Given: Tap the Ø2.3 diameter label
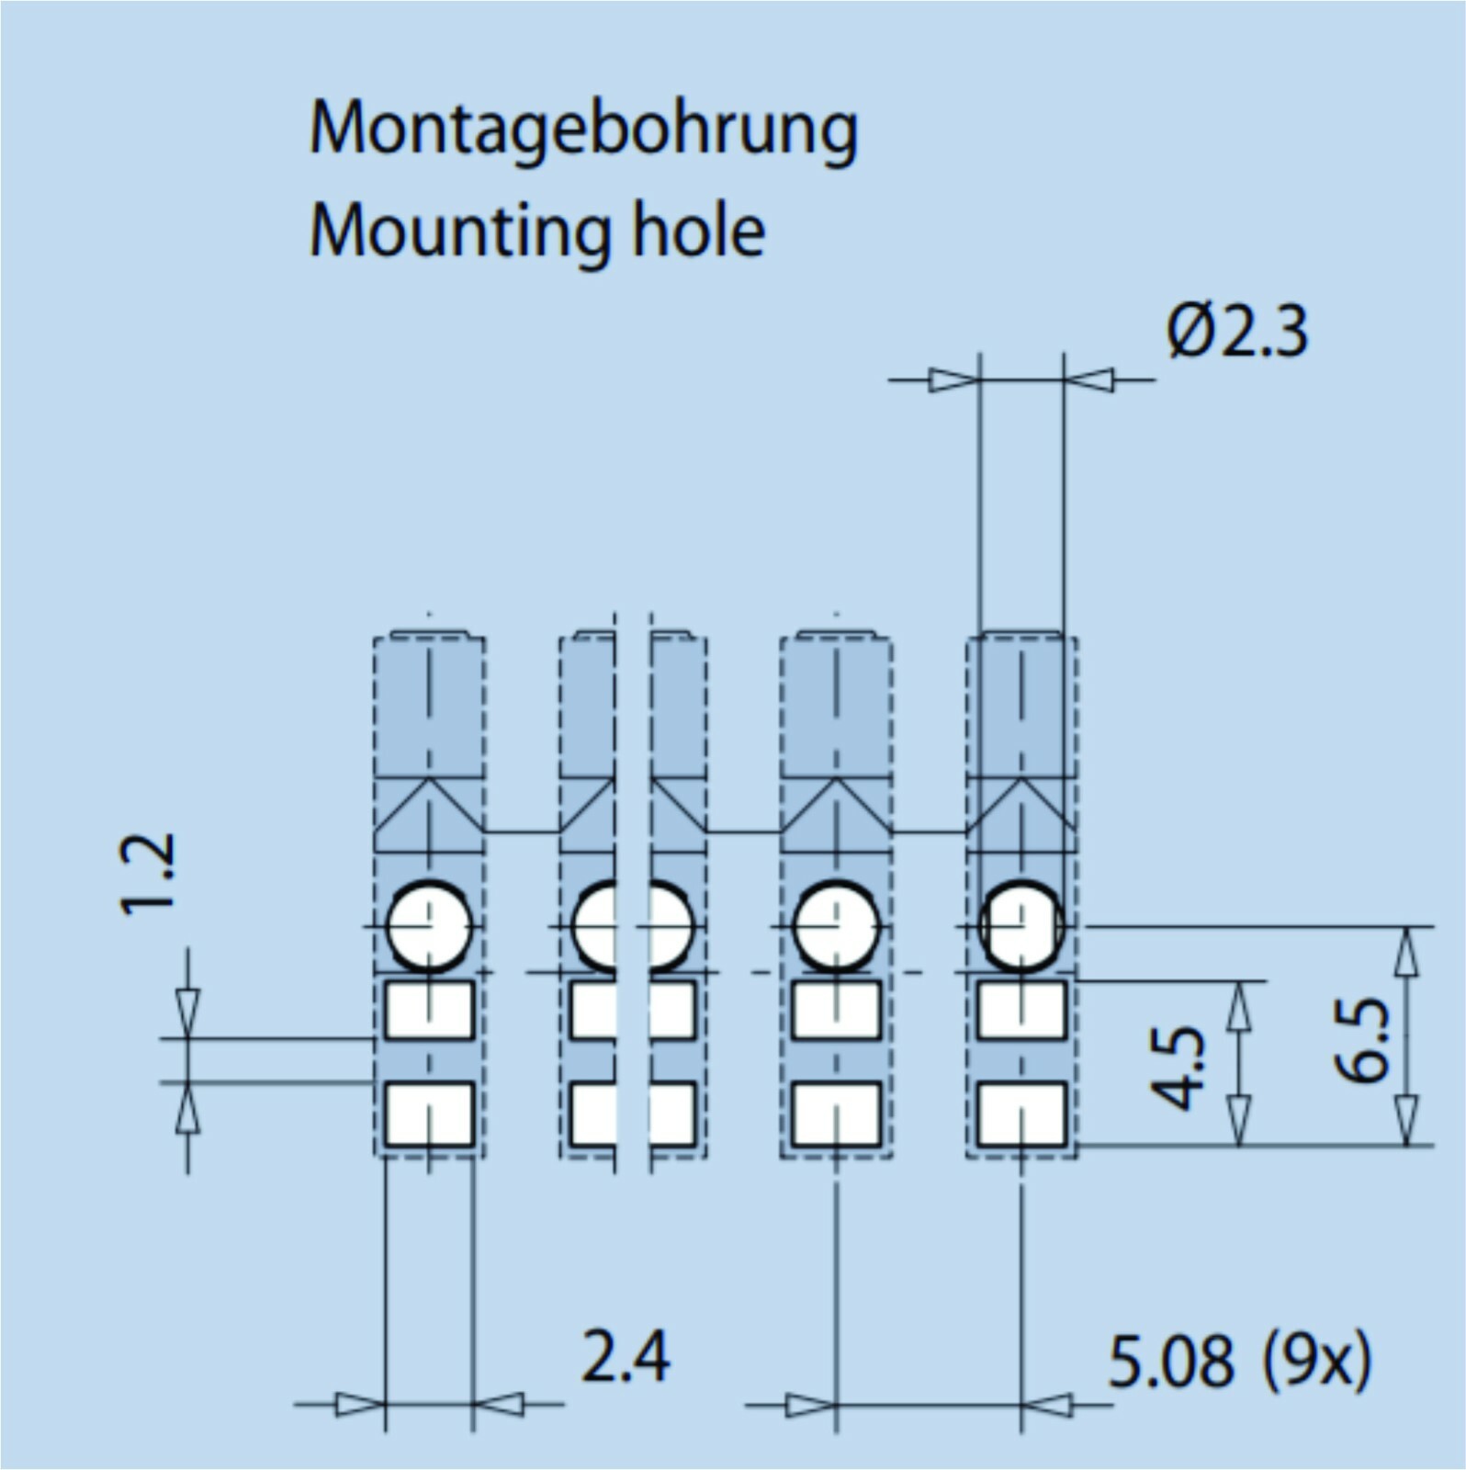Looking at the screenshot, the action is (x=1237, y=332).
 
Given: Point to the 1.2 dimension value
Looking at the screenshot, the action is (x=148, y=874).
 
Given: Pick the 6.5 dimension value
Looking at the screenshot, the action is (x=1362, y=1041).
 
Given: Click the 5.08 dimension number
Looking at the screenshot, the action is (x=1171, y=1362).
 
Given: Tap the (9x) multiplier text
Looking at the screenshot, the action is (x=1316, y=1362).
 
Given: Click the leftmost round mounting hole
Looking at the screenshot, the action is (x=429, y=925).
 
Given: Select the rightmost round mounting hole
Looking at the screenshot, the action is (x=1021, y=925).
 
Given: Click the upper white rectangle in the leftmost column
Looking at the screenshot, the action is (x=429, y=1010).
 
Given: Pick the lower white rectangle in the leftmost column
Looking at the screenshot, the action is (x=429, y=1114).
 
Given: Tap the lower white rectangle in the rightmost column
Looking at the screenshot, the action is (x=1021, y=1114).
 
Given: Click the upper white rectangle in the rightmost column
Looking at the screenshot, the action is (x=1021, y=1010).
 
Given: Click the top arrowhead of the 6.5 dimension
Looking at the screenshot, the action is (x=1405, y=952).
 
